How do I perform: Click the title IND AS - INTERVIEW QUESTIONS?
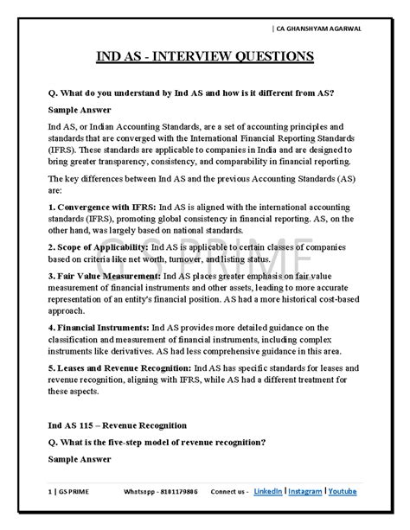[x=205, y=57]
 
